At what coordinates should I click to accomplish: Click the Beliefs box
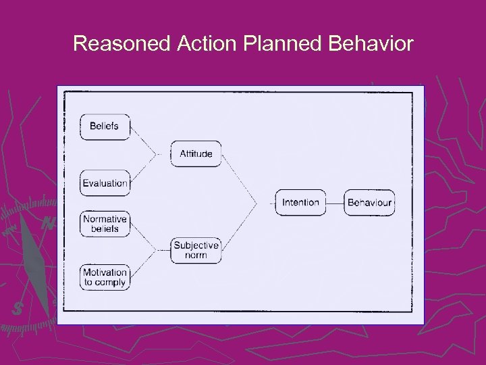pyautogui.click(x=104, y=126)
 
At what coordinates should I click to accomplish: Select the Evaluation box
pyautogui.click(x=105, y=183)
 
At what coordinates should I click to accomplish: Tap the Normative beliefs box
pyautogui.click(x=105, y=224)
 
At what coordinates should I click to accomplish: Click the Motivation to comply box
pyautogui.click(x=105, y=277)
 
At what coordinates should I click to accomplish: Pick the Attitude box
pyautogui.click(x=196, y=154)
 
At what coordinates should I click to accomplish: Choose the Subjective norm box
pyautogui.click(x=196, y=250)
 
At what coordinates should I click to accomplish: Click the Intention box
pyautogui.click(x=300, y=203)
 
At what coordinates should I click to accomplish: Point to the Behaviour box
pyautogui.click(x=369, y=203)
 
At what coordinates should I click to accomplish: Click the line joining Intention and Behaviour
pyautogui.click(x=335, y=203)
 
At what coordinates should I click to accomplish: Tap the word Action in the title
pyautogui.click(x=205, y=45)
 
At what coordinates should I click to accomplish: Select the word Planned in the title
pyautogui.click(x=281, y=45)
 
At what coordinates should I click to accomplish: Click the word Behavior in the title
pyautogui.click(x=371, y=45)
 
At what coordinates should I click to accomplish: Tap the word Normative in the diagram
pyautogui.click(x=105, y=219)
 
